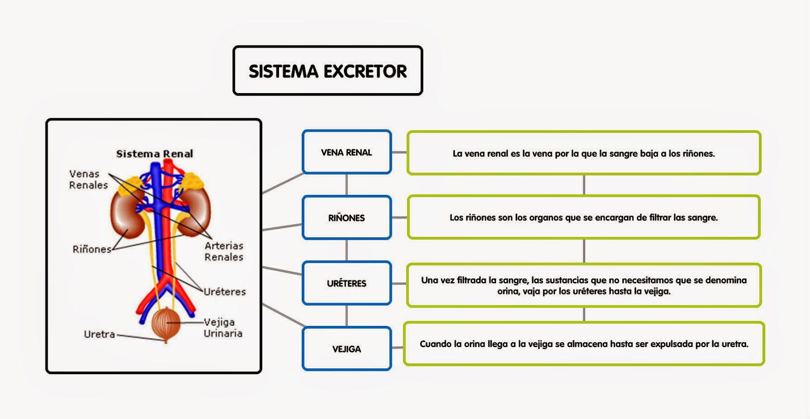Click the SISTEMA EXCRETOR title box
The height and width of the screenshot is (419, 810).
point(328,71)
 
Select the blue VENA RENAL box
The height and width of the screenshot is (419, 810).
point(347,152)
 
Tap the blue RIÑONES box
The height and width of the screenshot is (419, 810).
point(347,218)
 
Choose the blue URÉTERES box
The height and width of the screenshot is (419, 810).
point(347,283)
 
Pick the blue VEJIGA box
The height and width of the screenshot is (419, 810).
point(347,349)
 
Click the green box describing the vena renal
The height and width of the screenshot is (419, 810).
point(584,153)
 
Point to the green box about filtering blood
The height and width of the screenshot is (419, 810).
point(584,218)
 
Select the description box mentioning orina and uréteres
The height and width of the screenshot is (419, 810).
point(584,285)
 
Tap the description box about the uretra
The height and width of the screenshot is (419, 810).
point(584,344)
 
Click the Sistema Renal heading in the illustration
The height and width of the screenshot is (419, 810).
point(154,154)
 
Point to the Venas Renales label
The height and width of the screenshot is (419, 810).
point(88,180)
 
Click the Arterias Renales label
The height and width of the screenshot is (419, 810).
point(224,252)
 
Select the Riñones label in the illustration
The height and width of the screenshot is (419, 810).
point(92,249)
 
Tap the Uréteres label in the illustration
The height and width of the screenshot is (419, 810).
point(225,292)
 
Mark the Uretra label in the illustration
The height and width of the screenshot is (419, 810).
point(99,334)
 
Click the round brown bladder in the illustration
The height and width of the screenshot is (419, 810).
point(166,324)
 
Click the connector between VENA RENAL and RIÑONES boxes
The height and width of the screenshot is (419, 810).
point(347,185)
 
